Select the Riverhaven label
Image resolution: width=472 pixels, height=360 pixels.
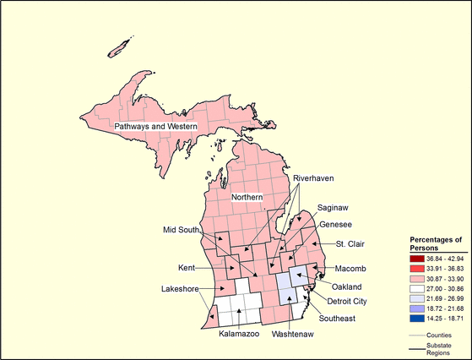click(x=314, y=180)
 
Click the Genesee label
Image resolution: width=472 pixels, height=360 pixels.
click(x=335, y=225)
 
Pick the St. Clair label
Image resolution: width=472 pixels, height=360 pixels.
click(x=350, y=245)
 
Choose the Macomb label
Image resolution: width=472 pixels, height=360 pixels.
click(x=350, y=268)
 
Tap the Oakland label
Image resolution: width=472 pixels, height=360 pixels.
click(x=346, y=286)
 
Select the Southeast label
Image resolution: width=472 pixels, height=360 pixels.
click(x=337, y=319)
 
